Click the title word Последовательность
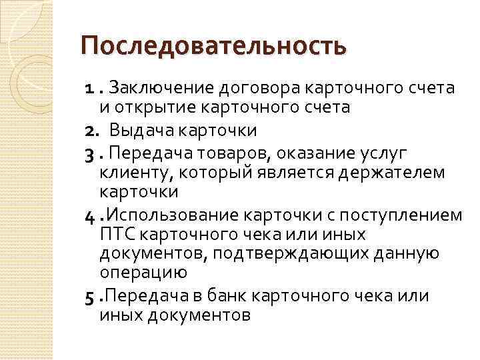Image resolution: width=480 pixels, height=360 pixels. pos(213,47)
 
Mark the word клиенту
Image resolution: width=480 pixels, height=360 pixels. pos(125,174)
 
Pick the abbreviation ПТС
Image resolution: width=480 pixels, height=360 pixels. pos(116,235)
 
